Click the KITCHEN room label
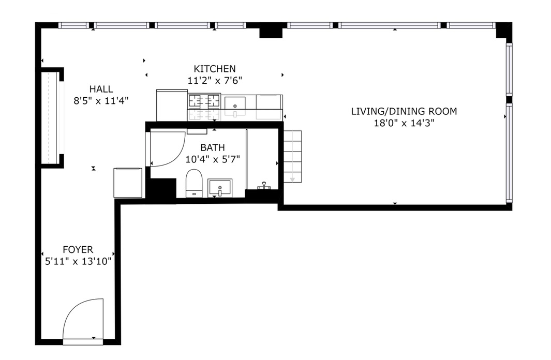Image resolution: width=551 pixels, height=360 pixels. [x=215, y=68]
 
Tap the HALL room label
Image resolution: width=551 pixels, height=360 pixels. [x=101, y=89]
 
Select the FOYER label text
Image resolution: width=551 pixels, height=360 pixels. [x=78, y=250]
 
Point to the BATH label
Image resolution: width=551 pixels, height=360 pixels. [x=213, y=147]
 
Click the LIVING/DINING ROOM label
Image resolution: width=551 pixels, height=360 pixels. [x=404, y=111]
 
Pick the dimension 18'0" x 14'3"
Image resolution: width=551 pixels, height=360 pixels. [x=404, y=123]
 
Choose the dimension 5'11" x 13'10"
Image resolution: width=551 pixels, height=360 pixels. [x=78, y=261]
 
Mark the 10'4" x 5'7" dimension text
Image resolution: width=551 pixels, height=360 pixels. [x=213, y=159]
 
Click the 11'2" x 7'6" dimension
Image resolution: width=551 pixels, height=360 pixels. [x=215, y=80]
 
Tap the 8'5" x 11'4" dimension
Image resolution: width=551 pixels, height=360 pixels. [x=101, y=101]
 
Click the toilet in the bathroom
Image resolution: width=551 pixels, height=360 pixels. [x=194, y=183]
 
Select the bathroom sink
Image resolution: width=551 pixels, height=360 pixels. [x=220, y=188]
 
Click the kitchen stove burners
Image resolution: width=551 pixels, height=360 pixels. [x=204, y=101]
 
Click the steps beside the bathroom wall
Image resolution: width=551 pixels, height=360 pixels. [x=292, y=157]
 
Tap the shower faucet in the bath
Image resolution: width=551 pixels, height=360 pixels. [x=263, y=186]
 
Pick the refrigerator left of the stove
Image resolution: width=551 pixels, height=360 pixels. [x=172, y=106]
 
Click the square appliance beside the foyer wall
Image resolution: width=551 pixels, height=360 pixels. [x=128, y=182]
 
